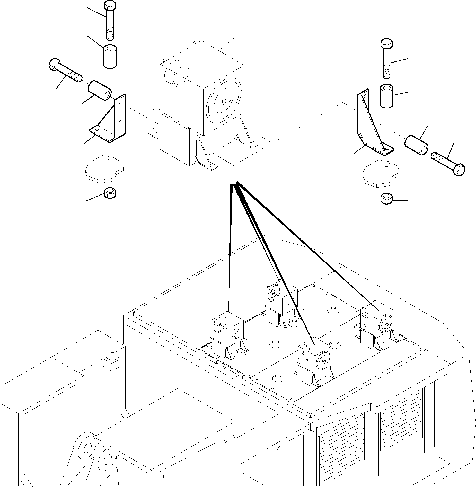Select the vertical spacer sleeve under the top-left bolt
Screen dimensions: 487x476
tap(110, 57)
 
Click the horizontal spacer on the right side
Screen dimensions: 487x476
tap(416, 146)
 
